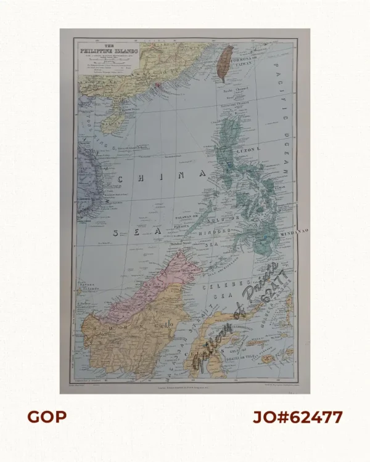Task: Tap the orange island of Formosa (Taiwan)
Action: point(227,62)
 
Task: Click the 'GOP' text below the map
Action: point(46,417)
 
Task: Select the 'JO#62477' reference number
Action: point(297,417)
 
